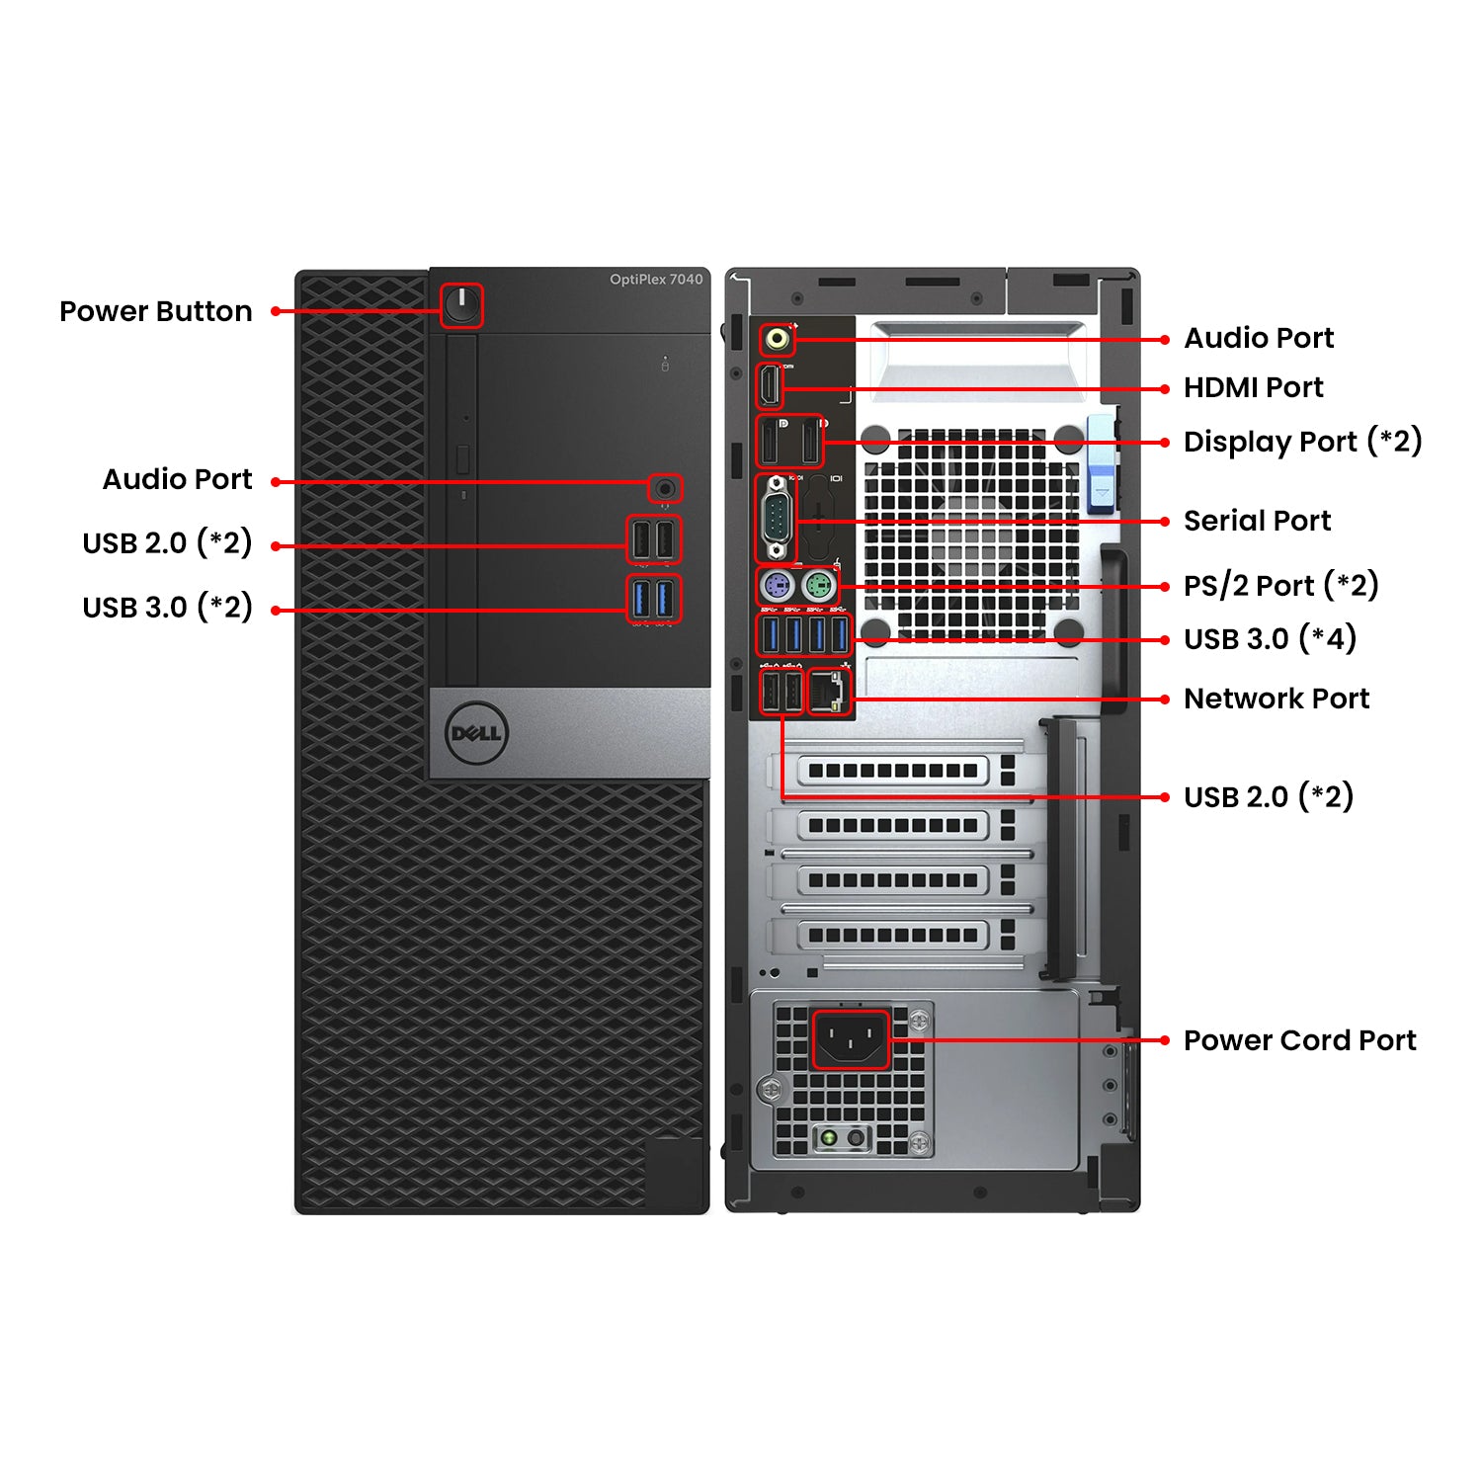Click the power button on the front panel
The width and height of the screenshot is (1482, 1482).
[461, 305]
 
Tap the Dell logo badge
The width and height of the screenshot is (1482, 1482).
[475, 733]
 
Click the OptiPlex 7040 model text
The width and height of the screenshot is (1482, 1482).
[656, 280]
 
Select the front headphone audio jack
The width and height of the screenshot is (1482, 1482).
[665, 488]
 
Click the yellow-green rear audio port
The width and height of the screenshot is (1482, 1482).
[778, 340]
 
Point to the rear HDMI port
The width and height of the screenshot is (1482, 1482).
[770, 386]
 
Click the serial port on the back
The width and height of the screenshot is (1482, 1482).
[776, 519]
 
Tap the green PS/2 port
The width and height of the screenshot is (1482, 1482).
[818, 588]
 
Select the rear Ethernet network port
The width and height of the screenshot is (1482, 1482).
[829, 692]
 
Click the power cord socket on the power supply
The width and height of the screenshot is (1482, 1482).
[851, 1039]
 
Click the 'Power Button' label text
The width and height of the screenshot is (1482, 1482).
[156, 311]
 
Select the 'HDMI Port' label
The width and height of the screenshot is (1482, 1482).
[1253, 387]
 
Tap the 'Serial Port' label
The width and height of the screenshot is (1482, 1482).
[1257, 521]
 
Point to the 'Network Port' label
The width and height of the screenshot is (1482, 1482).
[1276, 699]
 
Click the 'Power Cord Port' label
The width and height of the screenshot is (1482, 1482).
[1299, 1040]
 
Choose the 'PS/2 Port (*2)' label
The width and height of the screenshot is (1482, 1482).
[1280, 585]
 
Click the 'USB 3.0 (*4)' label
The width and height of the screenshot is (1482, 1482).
[1270, 639]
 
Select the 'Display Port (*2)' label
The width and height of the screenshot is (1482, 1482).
[1302, 442]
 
